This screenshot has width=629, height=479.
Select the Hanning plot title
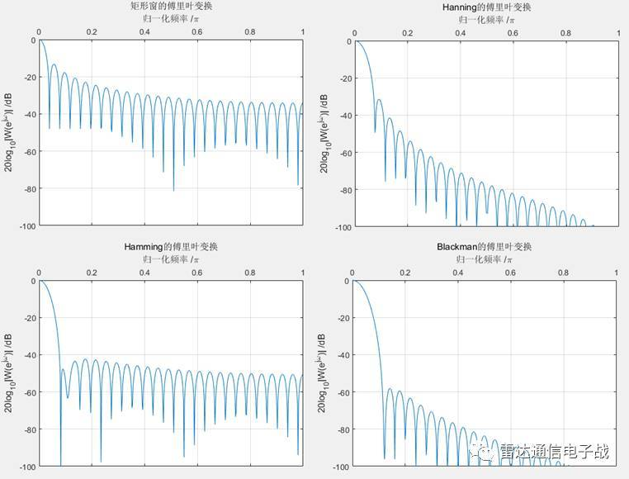click(486, 7)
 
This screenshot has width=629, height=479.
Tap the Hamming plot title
click(171, 247)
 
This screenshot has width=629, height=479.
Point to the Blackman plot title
click(485, 247)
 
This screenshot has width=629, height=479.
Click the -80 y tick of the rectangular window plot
click(27, 188)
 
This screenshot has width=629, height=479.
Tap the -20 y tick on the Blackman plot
click(341, 319)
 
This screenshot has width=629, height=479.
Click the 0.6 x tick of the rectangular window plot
click(197, 32)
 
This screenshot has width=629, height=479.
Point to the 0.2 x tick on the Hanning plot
click(407, 34)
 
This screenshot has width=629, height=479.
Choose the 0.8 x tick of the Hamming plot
click(250, 273)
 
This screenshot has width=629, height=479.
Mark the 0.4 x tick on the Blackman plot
click(458, 273)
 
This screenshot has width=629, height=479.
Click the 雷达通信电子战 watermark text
click(554, 452)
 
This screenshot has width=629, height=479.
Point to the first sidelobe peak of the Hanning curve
click(379, 100)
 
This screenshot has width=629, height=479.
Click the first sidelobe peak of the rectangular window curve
click(54, 64)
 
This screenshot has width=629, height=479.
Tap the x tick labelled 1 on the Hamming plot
click(302, 273)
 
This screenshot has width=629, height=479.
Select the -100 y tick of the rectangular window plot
click(26, 225)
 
